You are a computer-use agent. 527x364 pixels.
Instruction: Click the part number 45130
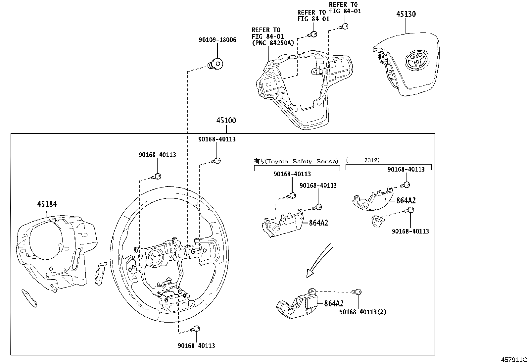[406, 14]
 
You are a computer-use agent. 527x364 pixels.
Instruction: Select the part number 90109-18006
[217, 40]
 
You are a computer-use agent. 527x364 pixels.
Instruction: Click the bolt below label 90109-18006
[215, 64]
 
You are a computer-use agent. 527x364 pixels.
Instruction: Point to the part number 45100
[226, 121]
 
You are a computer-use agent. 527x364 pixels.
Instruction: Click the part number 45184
[47, 204]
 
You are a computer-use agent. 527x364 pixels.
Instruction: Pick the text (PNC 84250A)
[273, 43]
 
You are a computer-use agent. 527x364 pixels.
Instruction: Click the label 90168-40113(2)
[363, 312]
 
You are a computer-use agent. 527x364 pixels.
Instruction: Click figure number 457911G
[514, 360]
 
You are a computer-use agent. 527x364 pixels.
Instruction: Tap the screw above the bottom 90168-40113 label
[195, 329]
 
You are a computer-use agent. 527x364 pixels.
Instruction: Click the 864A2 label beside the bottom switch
[334, 303]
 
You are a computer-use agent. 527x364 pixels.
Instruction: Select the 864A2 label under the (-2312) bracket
[406, 201]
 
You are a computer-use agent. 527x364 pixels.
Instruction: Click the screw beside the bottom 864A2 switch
[357, 292]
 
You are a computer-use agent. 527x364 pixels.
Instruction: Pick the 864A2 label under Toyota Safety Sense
[318, 223]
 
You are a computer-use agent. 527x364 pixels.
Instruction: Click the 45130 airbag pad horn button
[406, 64]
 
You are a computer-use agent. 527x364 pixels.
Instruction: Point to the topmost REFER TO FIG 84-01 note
[345, 8]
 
